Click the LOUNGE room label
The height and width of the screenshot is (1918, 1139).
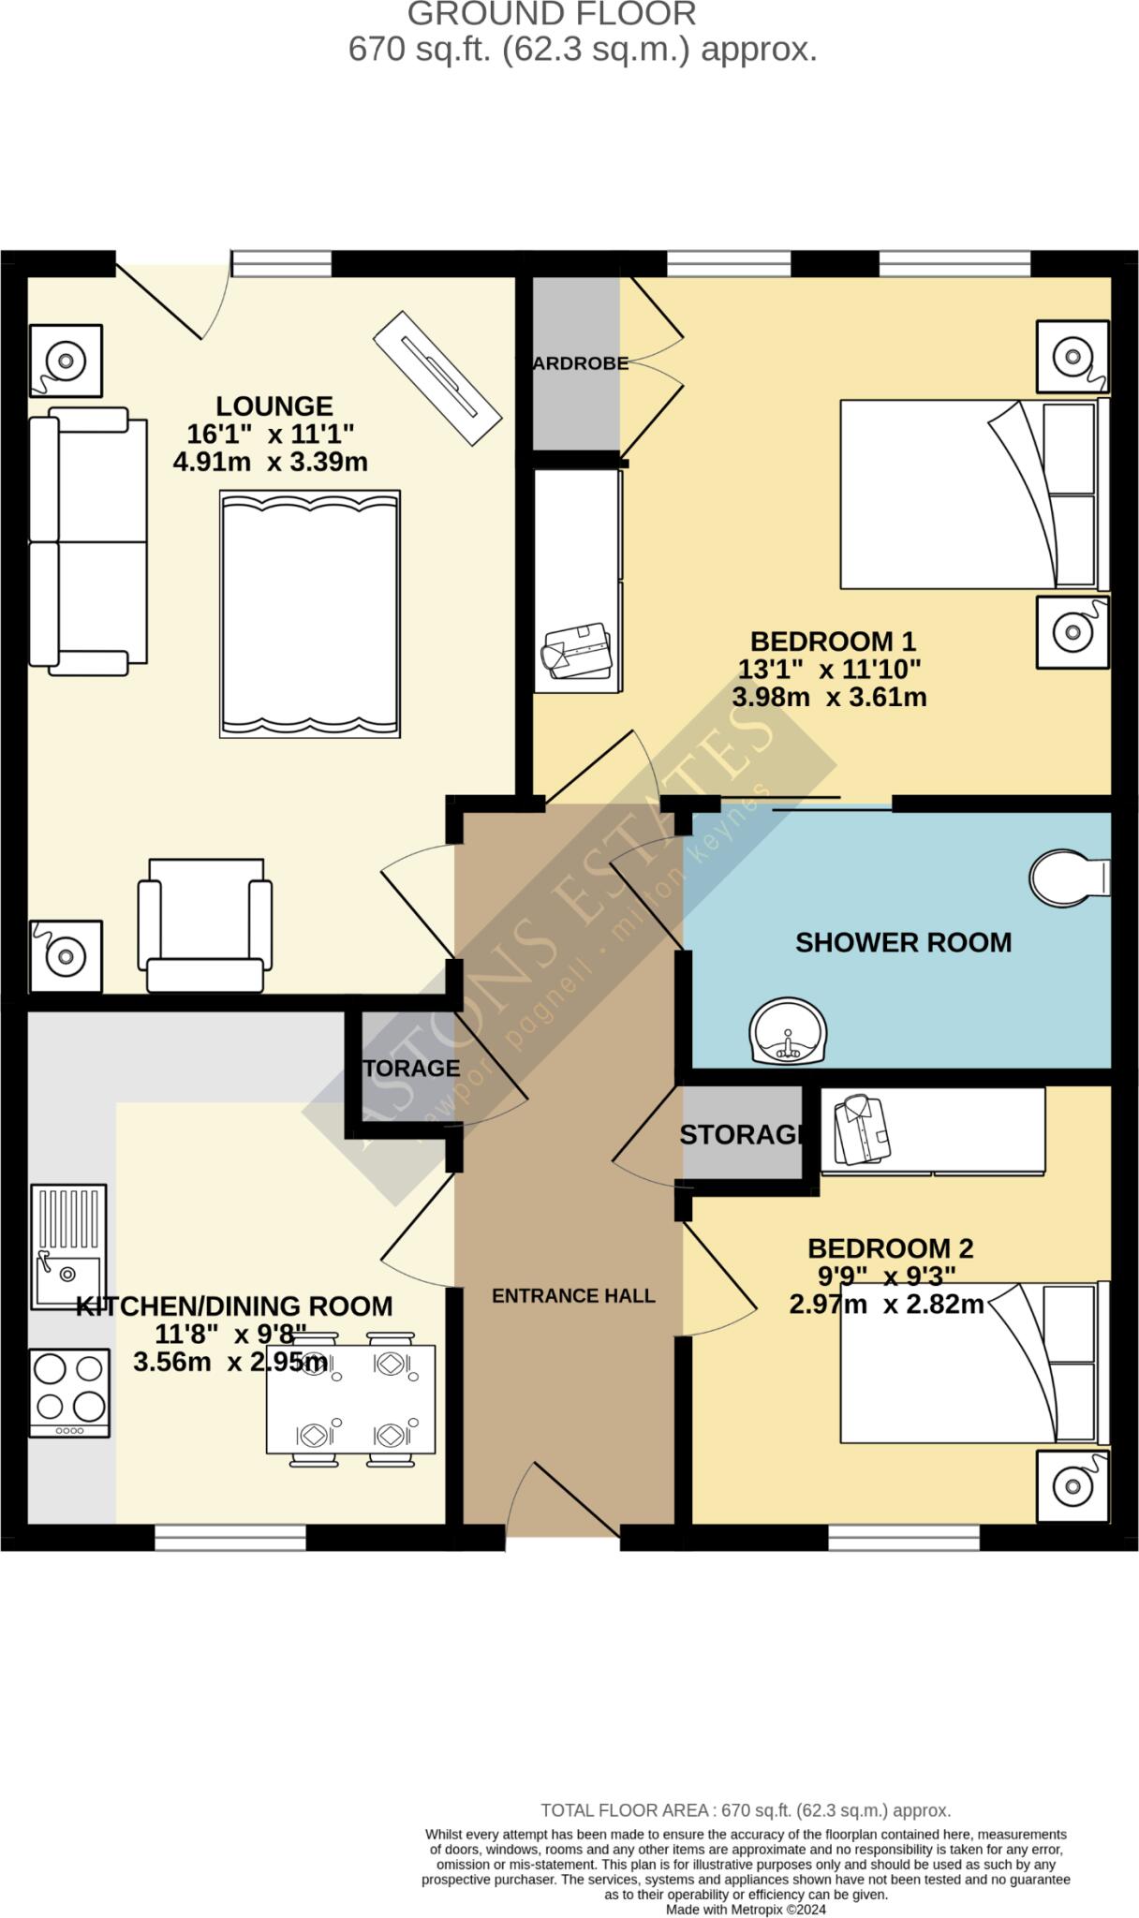[x=274, y=406]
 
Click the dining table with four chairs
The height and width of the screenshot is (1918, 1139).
[x=350, y=1399]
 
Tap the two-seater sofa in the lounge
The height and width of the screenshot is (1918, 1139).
[x=86, y=541]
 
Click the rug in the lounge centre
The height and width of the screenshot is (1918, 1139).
[x=310, y=613]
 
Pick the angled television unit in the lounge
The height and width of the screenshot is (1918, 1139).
[x=436, y=377]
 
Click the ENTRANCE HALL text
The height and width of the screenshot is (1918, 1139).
[x=573, y=1296]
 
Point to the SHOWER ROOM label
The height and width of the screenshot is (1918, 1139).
[x=903, y=942]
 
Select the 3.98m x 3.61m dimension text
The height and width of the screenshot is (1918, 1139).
[x=829, y=697]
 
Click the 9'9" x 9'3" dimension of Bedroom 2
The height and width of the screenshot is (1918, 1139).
[x=885, y=1276]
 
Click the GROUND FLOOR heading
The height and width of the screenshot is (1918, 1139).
[x=553, y=14]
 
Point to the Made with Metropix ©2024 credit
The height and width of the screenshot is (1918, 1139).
[x=746, y=1910]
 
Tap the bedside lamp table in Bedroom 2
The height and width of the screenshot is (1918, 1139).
[x=1072, y=1485]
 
